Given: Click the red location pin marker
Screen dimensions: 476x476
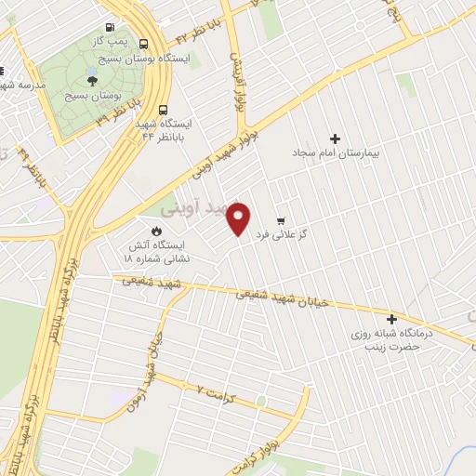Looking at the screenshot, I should pos(240,218).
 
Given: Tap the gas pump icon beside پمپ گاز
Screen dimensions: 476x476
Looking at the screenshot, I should pos(111,28).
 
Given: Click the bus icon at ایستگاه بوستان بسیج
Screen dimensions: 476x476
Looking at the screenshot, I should pos(143,43).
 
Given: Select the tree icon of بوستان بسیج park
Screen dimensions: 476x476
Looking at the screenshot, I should pos(91,80).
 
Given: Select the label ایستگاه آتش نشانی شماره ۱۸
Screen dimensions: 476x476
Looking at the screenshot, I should pos(158,252).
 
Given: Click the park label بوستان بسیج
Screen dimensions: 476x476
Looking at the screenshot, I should pos(90,95).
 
